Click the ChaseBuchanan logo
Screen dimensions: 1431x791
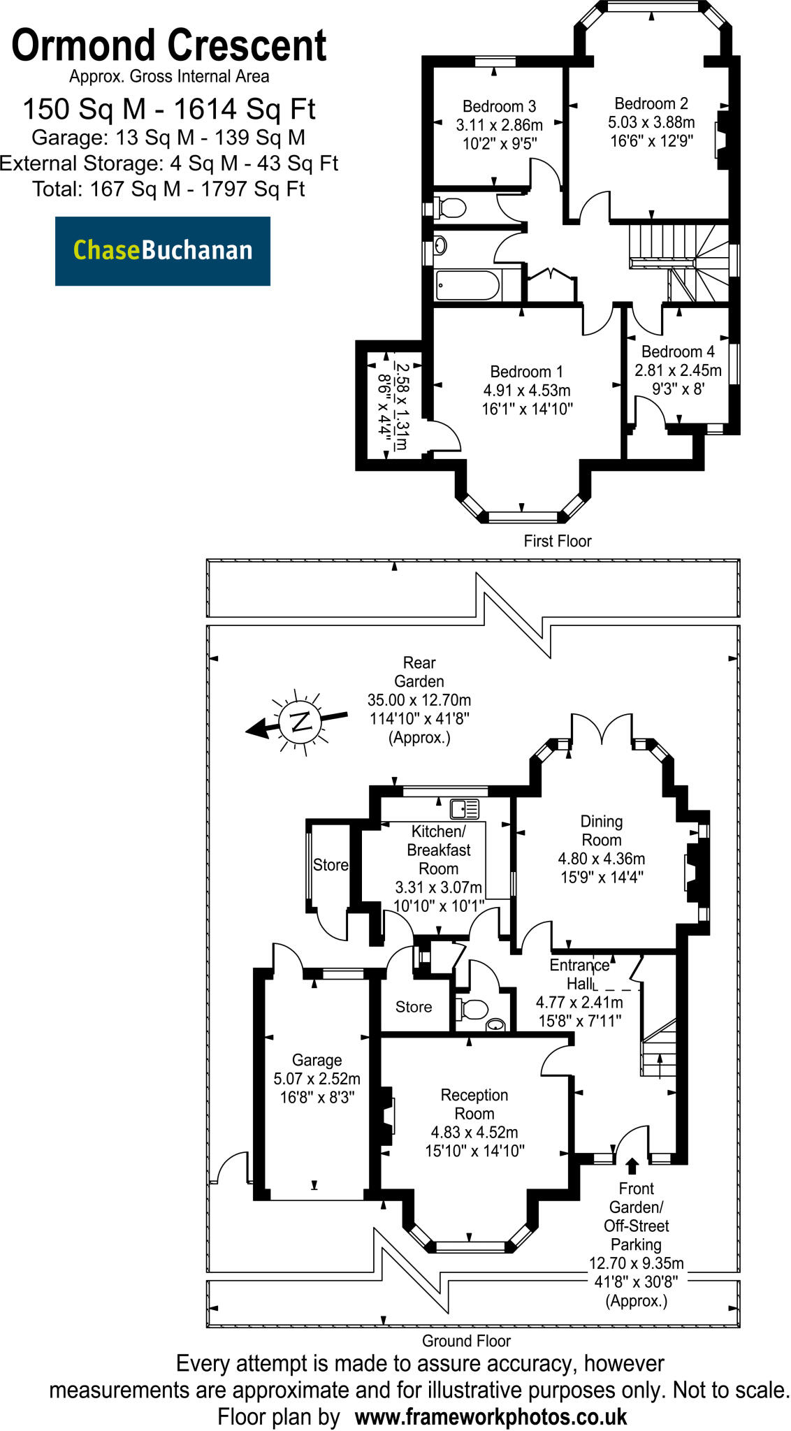click(x=163, y=250)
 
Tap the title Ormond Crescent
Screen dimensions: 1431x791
click(x=168, y=46)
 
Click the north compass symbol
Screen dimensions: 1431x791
click(x=300, y=721)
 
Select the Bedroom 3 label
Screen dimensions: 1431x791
click(x=499, y=106)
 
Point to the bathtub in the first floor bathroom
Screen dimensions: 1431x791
click(x=467, y=285)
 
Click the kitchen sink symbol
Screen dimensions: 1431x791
click(x=465, y=808)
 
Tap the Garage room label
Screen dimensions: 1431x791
click(x=317, y=1060)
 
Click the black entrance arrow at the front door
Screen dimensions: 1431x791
click(x=632, y=1165)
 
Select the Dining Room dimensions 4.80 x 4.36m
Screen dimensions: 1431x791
click(x=601, y=859)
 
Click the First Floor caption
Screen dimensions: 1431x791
click(x=557, y=541)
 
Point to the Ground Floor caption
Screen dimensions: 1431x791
click(x=466, y=1341)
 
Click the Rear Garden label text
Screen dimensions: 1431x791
click(x=419, y=671)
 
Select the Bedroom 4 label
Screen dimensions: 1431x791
click(x=677, y=351)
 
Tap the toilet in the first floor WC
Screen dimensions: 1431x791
click(x=451, y=208)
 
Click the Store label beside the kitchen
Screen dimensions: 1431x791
click(x=330, y=865)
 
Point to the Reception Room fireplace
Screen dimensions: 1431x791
click(x=386, y=1116)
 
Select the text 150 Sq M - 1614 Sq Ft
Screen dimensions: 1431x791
click(x=168, y=109)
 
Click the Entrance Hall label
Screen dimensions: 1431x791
click(x=579, y=974)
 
